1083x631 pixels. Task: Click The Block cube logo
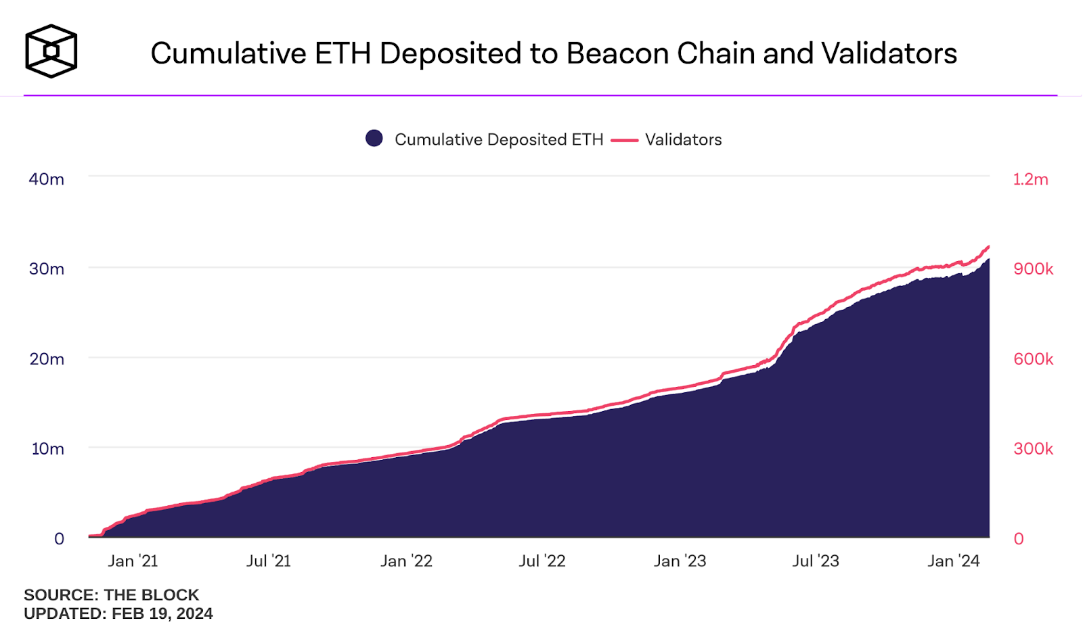51,51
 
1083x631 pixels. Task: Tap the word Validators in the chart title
889,53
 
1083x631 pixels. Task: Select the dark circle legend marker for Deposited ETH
374,139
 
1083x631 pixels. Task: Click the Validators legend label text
683,139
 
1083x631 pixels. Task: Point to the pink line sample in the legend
624,140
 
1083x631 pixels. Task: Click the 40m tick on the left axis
46,179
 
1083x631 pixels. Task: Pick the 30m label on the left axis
46,269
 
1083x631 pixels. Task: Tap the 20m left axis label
46,359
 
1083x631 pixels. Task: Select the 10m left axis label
47,449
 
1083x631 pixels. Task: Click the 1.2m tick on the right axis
1030,179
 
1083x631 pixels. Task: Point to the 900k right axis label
1033,269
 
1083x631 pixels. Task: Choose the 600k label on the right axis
1033,359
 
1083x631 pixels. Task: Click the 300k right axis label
1033,449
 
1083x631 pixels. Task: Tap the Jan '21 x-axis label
133,561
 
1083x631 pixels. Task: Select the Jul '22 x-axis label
542,561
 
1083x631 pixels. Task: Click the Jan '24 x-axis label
953,561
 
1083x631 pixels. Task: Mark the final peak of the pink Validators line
988,247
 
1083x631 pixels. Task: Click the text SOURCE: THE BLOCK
111,595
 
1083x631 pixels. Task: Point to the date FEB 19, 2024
162,613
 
